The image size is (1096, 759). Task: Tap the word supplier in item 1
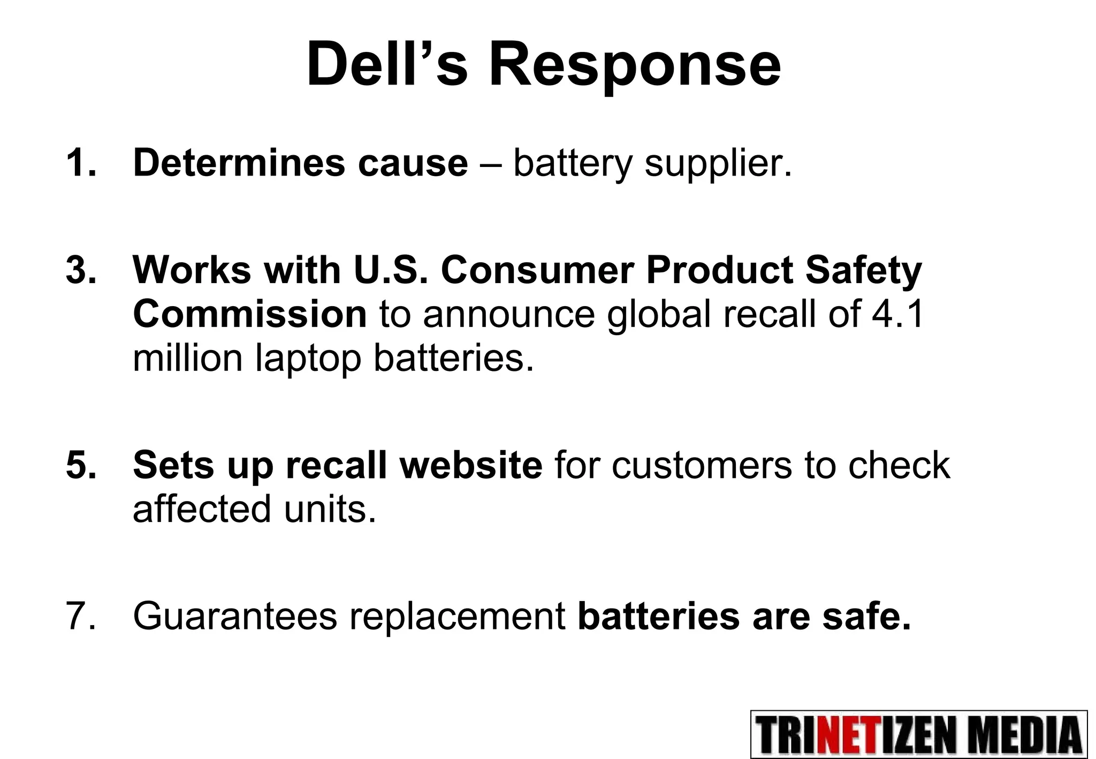click(718, 164)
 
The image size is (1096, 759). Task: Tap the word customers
click(702, 465)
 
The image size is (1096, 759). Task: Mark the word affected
click(202, 508)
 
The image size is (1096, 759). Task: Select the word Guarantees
click(235, 616)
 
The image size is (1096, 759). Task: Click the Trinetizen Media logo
click(919, 734)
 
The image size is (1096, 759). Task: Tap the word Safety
click(864, 271)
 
